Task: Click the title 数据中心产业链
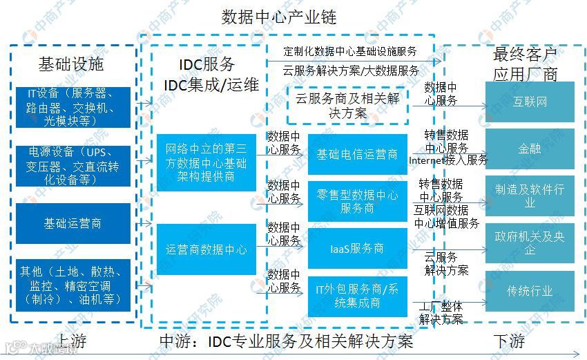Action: coord(278,17)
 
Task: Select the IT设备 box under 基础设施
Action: coord(73,107)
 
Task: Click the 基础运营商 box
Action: coord(73,223)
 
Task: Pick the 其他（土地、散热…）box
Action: coord(73,285)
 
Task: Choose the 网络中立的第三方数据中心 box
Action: coord(206,163)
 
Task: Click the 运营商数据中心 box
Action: coord(206,249)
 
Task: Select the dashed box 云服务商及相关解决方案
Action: coord(347,106)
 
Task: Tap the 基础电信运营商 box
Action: coord(357,154)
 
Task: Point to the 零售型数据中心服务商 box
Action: coord(357,201)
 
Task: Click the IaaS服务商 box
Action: coord(357,248)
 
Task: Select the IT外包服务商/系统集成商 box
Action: coord(357,296)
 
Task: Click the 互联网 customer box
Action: coord(530,102)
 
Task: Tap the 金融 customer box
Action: coord(530,148)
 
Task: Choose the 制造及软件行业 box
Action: coord(530,196)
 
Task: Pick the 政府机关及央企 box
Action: coord(530,243)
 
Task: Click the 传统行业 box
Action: coord(530,291)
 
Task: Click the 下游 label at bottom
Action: coord(509,341)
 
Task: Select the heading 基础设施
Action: coord(70,64)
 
